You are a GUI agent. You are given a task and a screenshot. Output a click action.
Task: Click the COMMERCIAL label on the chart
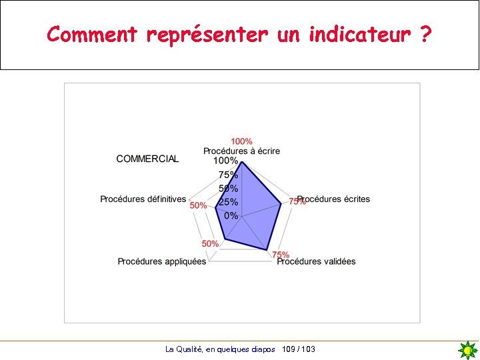click(x=147, y=159)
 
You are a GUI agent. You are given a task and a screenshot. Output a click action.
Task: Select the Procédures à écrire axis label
click(x=241, y=151)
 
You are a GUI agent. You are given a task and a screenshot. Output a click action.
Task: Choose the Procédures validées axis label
click(x=317, y=261)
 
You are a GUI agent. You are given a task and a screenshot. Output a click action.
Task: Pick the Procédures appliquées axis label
click(x=162, y=261)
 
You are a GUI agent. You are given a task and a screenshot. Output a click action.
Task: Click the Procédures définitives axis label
click(x=143, y=199)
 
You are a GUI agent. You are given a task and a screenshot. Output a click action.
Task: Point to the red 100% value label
click(x=241, y=141)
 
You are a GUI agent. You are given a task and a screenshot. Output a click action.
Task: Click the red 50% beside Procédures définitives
click(x=198, y=206)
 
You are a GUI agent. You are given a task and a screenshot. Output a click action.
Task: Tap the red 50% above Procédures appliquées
click(x=210, y=243)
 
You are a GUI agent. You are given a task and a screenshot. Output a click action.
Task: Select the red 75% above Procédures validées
click(x=280, y=254)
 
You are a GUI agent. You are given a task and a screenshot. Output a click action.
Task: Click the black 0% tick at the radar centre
click(x=231, y=215)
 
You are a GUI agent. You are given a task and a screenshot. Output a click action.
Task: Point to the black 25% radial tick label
click(x=229, y=202)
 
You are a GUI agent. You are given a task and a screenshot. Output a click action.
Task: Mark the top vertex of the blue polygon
click(x=241, y=162)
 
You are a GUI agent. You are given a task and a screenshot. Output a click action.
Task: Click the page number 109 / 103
click(x=299, y=349)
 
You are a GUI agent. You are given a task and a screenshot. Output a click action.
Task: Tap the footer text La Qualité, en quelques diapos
click(x=220, y=349)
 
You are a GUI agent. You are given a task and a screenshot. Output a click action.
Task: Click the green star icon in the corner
click(x=468, y=350)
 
